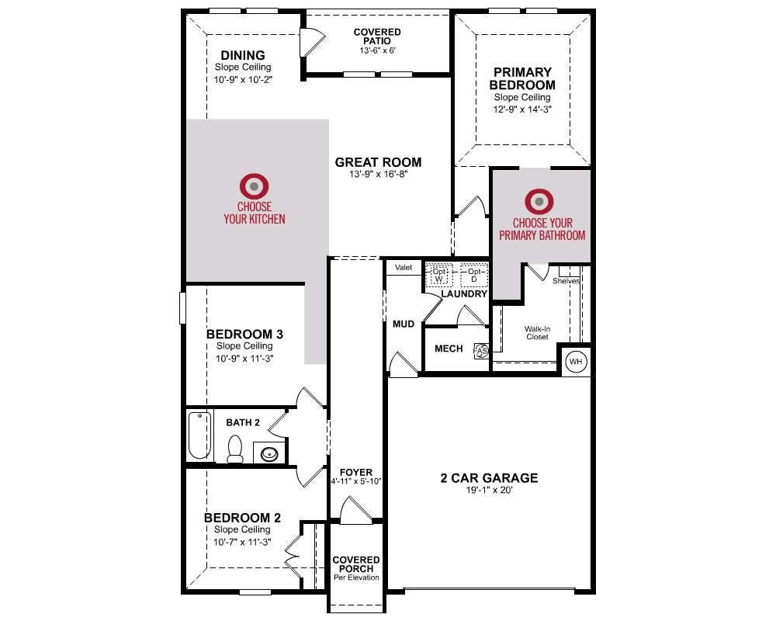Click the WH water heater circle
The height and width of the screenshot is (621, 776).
pyautogui.click(x=576, y=362)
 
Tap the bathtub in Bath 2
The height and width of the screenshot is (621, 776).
pyautogui.click(x=199, y=435)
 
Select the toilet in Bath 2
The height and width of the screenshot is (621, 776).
pyautogui.click(x=234, y=449)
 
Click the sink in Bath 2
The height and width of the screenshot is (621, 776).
pyautogui.click(x=269, y=454)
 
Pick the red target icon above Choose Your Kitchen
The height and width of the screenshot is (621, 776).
pyautogui.click(x=254, y=187)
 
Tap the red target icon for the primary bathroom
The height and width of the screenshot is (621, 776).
pyautogui.click(x=539, y=202)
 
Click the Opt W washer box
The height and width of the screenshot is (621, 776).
pyautogui.click(x=439, y=276)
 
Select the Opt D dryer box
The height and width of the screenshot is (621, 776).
pyautogui.click(x=474, y=276)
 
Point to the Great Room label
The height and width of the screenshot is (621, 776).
pyautogui.click(x=378, y=162)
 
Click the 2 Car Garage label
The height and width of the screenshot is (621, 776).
pyautogui.click(x=489, y=478)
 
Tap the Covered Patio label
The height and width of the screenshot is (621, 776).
pyautogui.click(x=377, y=36)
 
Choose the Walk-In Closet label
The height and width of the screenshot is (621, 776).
pyautogui.click(x=538, y=333)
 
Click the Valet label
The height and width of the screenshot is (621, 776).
pyautogui.click(x=404, y=267)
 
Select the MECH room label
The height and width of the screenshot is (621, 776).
pyautogui.click(x=449, y=349)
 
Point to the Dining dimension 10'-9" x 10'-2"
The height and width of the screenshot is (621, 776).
pyautogui.click(x=243, y=80)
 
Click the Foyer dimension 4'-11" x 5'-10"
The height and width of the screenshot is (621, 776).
pyautogui.click(x=356, y=481)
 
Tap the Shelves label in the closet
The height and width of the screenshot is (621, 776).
pyautogui.click(x=566, y=281)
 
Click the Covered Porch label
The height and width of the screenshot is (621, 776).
pyautogui.click(x=356, y=564)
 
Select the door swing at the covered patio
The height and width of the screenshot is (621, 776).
pyautogui.click(x=313, y=42)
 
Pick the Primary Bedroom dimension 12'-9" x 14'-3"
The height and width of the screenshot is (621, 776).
pyautogui.click(x=522, y=109)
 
